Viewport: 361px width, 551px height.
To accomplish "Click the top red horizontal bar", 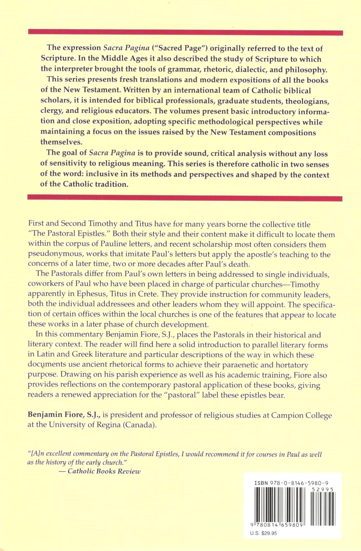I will point(186,33).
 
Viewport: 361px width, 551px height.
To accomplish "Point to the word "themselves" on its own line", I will point(61,142).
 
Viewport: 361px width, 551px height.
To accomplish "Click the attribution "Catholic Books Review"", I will point(104,471).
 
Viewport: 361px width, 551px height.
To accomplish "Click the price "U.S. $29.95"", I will point(263,533).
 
